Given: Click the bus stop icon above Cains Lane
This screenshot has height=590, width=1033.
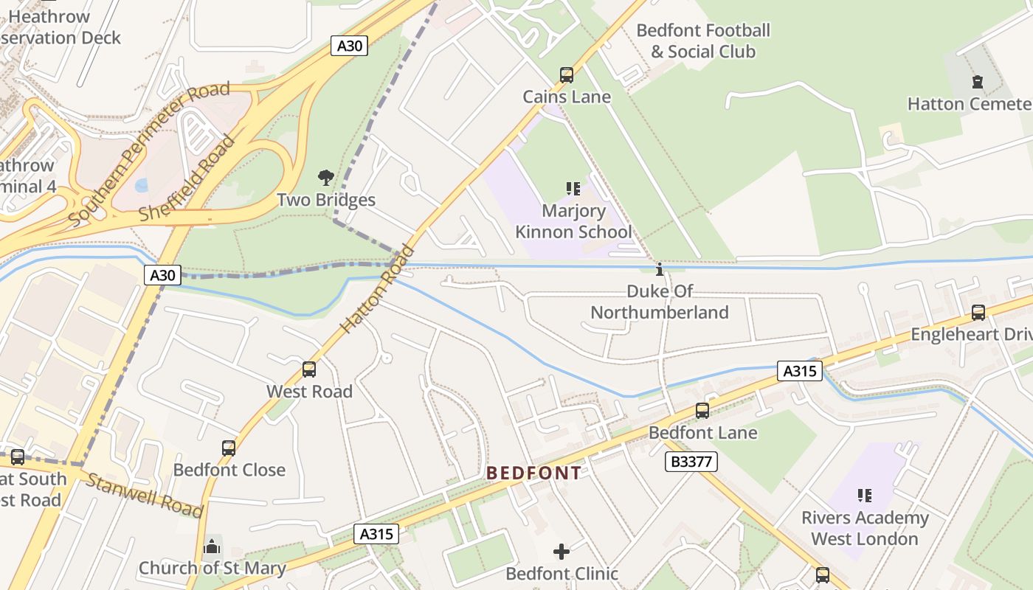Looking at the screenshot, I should [566, 75].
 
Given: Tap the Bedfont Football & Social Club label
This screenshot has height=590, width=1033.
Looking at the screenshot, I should [702, 41].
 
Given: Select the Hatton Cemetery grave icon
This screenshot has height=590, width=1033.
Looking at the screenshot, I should [978, 82].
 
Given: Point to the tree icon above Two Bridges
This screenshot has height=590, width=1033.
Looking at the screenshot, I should [325, 178].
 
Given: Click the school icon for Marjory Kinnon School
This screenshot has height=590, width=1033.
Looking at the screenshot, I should [573, 189].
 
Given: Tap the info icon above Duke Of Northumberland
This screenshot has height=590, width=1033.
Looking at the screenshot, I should [660, 270].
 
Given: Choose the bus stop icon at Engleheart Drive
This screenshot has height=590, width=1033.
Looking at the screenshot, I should [978, 313].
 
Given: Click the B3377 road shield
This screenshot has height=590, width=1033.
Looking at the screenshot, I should [691, 462].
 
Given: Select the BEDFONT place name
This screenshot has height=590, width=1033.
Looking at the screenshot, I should [533, 473].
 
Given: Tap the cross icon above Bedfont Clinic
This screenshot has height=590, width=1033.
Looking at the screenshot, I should [562, 552].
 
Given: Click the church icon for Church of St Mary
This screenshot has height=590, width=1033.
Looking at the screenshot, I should [213, 546].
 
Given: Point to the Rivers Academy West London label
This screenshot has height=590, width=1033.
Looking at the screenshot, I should [865, 528].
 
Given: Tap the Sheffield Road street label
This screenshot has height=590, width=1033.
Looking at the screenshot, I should [187, 180].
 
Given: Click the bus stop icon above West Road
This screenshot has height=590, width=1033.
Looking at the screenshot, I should [309, 369].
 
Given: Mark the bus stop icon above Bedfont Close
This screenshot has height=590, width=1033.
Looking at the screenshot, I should [229, 448].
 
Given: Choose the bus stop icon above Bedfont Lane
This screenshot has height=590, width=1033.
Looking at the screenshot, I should [702, 411].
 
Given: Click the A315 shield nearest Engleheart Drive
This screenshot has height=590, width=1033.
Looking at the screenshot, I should [800, 371].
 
